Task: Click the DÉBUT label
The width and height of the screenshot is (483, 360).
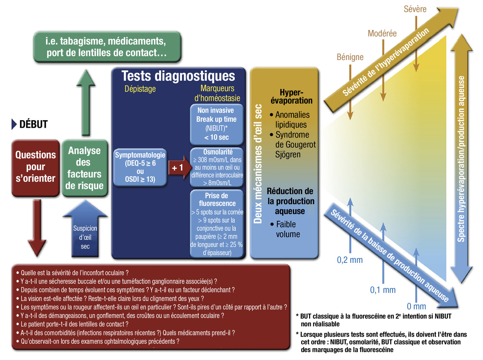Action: click(34, 124)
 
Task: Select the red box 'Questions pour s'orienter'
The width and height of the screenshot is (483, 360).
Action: click(35, 168)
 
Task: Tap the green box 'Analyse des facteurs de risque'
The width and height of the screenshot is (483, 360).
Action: click(85, 168)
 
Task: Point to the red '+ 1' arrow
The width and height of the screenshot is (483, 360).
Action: click(180, 168)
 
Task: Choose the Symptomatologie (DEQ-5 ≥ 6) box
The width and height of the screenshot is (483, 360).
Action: click(140, 167)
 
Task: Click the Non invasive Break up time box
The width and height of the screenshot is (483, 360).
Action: click(217, 124)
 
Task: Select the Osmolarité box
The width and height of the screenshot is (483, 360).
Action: click(217, 167)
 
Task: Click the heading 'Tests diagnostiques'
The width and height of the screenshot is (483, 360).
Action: click(178, 76)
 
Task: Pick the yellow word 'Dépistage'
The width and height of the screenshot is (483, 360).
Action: click(140, 89)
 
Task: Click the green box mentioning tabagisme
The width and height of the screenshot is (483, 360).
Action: click(107, 47)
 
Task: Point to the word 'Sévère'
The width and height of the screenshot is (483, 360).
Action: click(415, 9)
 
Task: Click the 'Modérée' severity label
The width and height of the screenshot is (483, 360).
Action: click(382, 34)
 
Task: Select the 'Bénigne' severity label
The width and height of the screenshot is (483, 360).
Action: click(350, 57)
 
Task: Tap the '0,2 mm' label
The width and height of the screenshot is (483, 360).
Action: click(350, 260)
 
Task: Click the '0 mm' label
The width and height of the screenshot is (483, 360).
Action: click(416, 306)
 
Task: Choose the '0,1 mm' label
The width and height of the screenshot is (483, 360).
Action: click(383, 290)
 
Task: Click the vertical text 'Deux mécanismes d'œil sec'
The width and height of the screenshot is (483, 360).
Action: click(258, 164)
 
